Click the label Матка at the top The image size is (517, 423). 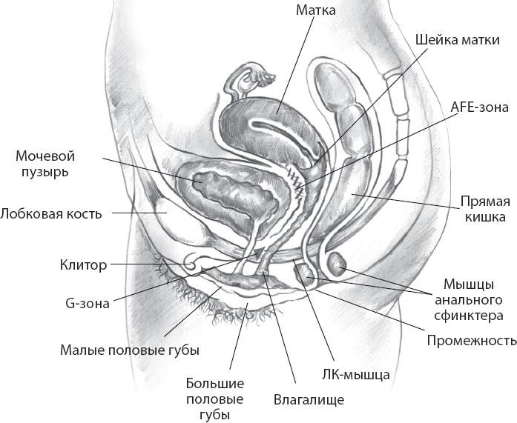tap(315, 10)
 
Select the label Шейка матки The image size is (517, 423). tap(458, 40)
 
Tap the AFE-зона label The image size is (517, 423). tap(479, 107)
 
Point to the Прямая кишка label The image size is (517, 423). tap(484, 209)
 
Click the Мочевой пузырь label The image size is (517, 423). tap(45, 164)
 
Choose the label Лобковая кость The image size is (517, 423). tap(51, 214)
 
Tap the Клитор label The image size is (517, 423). tap(83, 264)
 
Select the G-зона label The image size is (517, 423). tap(88, 303)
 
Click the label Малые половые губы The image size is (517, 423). tap(130, 350)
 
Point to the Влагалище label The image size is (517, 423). tap(309, 399)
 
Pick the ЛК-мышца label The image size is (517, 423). tap(356, 374)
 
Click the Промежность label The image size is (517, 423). tap(472, 340)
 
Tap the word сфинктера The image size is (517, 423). tap(469, 316)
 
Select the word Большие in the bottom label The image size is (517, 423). tap(215, 384)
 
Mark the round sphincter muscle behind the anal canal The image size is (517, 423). tap(337, 264)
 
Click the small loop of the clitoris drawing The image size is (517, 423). tap(190, 262)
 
